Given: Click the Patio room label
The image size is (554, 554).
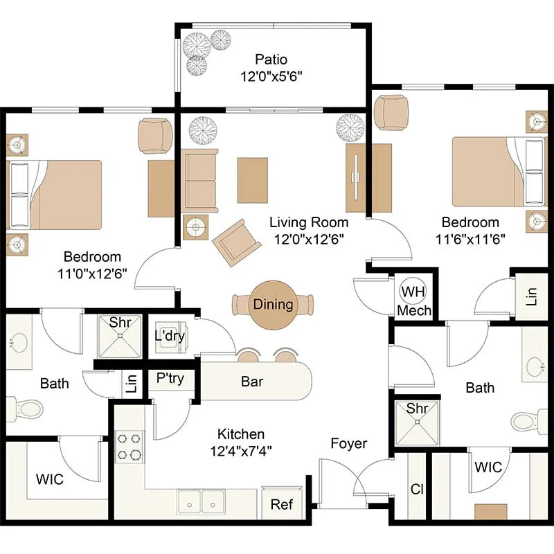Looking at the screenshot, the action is pyautogui.click(x=271, y=60).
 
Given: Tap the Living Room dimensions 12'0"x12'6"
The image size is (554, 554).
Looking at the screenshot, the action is pyautogui.click(x=309, y=239).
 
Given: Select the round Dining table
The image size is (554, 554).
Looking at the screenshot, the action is pyautogui.click(x=273, y=305).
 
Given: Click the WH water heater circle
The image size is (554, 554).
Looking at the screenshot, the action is pyautogui.click(x=413, y=292).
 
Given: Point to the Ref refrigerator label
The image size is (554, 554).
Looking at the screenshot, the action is pyautogui.click(x=282, y=504).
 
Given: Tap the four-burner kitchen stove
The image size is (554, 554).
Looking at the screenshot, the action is pyautogui.click(x=129, y=447).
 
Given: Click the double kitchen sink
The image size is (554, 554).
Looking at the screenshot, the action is pyautogui.click(x=201, y=501).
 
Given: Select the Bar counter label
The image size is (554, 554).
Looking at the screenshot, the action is pyautogui.click(x=252, y=382).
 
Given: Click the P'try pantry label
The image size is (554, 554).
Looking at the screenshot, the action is pyautogui.click(x=170, y=378).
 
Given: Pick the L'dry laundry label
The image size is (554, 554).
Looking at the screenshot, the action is pyautogui.click(x=170, y=336).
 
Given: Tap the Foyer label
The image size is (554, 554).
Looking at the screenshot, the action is pyautogui.click(x=349, y=443).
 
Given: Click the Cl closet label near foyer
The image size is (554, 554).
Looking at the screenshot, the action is pyautogui.click(x=417, y=490).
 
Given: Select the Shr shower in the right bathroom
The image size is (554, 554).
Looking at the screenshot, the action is pyautogui.click(x=417, y=422).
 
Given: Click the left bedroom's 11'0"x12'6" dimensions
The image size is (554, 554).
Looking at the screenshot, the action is pyautogui.click(x=92, y=274).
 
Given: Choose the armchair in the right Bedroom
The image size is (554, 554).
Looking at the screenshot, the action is pyautogui.click(x=391, y=112).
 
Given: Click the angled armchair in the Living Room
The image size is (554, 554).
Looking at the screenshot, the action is pyautogui.click(x=236, y=243).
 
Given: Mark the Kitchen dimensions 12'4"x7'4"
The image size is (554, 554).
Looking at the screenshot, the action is pyautogui.click(x=241, y=451).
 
